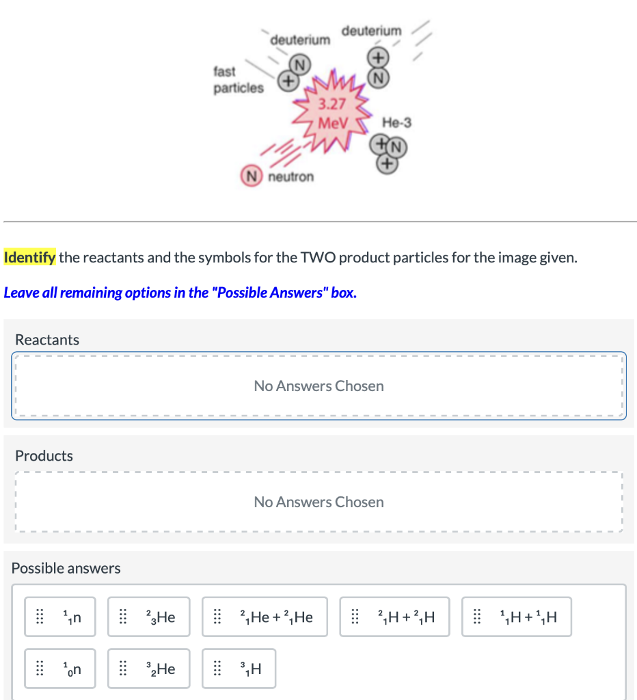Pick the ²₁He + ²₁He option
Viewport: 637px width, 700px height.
265,617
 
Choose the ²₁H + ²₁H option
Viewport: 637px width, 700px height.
394,617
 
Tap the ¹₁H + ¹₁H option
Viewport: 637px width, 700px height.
516,617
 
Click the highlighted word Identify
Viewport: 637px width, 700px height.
29,258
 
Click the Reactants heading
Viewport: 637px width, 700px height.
47,340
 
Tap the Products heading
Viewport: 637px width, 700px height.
44,455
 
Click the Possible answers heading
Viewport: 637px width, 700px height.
66,568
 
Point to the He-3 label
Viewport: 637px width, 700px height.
396,123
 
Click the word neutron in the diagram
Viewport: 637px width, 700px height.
291,177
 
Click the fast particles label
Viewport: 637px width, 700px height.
238,79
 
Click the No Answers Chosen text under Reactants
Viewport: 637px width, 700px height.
318,386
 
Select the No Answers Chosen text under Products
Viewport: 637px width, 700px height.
318,502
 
